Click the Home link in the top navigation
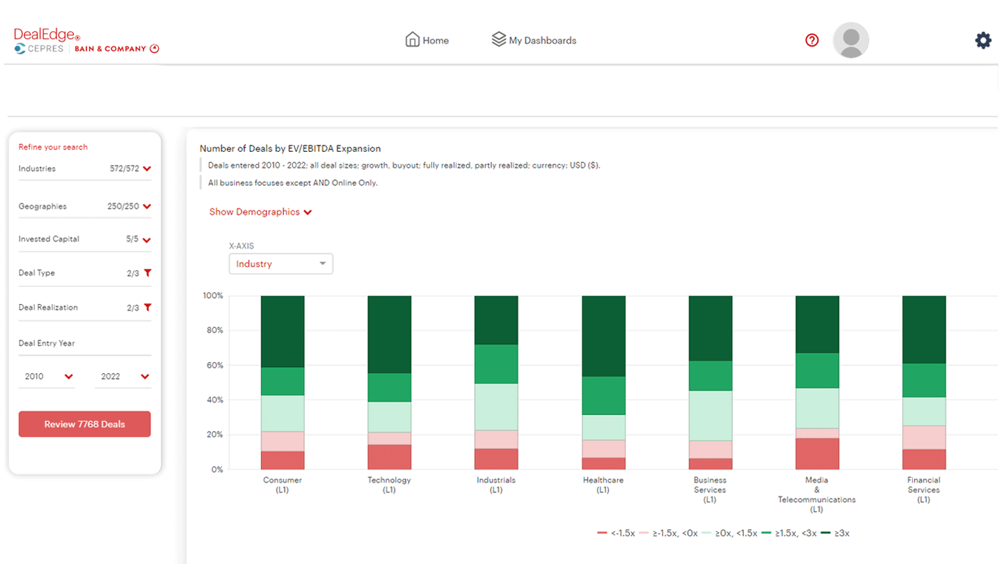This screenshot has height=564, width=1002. pyautogui.click(x=427, y=40)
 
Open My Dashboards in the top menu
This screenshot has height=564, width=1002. pyautogui.click(x=534, y=40)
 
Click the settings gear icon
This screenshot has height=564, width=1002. pyautogui.click(x=983, y=40)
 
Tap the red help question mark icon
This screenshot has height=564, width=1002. pyautogui.click(x=811, y=40)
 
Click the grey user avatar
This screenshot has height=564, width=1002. pyautogui.click(x=850, y=40)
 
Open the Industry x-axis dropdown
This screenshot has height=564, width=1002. pyautogui.click(x=280, y=264)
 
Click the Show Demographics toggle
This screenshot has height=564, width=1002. pyautogui.click(x=260, y=212)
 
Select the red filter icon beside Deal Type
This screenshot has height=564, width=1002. pyautogui.click(x=147, y=273)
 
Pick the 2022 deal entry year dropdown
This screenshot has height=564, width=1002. pyautogui.click(x=124, y=377)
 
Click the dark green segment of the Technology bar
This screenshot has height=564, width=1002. pyautogui.click(x=389, y=334)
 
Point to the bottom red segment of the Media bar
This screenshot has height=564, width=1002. pyautogui.click(x=817, y=453)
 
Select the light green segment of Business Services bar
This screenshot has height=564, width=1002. pyautogui.click(x=710, y=415)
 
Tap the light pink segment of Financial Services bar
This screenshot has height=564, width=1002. pyautogui.click(x=923, y=437)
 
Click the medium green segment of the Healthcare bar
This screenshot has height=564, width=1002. pyautogui.click(x=603, y=395)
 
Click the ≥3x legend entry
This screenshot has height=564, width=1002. pyautogui.click(x=835, y=533)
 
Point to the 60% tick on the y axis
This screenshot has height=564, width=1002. pyautogui.click(x=213, y=366)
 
